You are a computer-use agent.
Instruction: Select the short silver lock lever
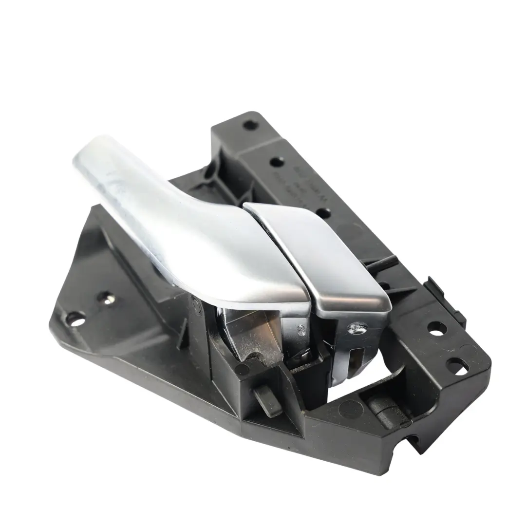coord(321,258)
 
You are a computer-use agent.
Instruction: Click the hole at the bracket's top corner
coord(250,125)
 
